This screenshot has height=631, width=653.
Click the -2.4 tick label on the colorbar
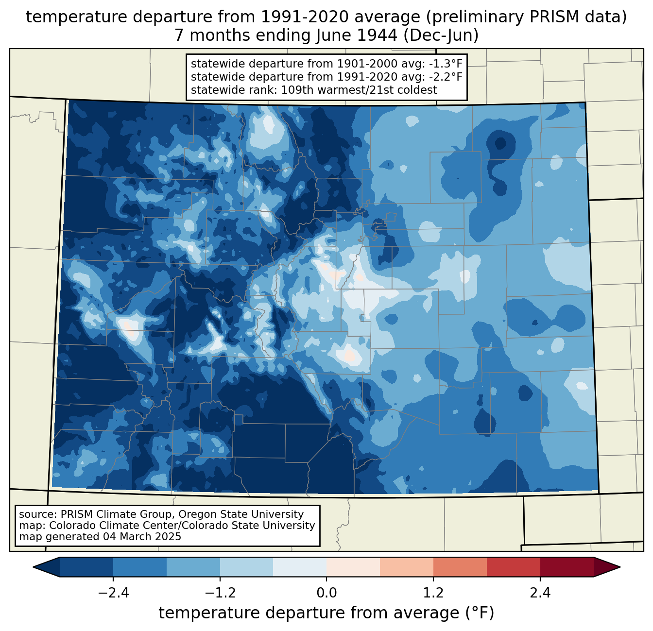tap(113, 593)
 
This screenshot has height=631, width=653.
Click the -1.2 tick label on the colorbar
tap(220, 593)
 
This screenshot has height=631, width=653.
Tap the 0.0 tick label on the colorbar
tap(326, 593)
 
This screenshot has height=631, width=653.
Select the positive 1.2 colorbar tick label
tap(433, 593)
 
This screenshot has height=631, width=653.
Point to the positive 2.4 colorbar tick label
tap(540, 593)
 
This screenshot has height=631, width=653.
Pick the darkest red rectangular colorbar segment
tap(567, 567)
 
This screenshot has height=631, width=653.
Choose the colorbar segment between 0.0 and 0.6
tap(353, 567)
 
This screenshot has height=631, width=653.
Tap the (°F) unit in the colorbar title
tap(480, 613)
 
